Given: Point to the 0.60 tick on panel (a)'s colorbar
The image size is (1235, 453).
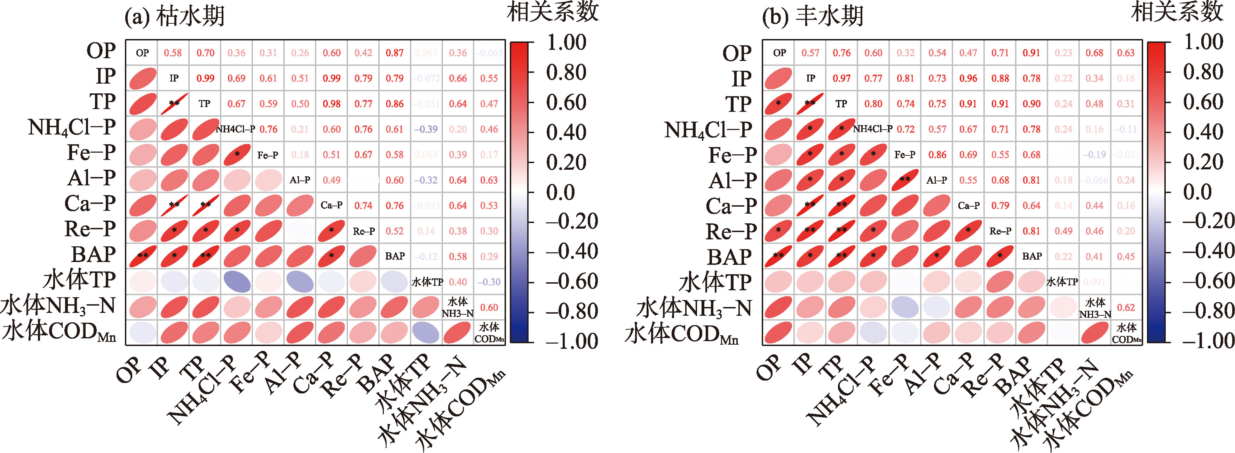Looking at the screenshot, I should [x=566, y=102].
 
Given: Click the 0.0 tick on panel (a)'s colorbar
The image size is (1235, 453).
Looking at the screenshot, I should [x=561, y=192].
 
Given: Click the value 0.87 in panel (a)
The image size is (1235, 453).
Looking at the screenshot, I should [x=395, y=53].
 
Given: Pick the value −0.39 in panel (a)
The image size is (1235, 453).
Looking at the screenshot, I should [x=426, y=129].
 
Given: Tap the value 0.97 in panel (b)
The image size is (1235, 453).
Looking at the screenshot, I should [x=842, y=78].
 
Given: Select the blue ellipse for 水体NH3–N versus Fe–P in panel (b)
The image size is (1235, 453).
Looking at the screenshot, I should [x=905, y=307].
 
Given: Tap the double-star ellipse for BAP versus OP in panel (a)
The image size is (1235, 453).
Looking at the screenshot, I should [x=142, y=256].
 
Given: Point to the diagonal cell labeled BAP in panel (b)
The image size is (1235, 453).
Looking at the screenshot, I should [x=1032, y=256].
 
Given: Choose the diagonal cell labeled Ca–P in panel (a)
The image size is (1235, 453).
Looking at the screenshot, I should [x=331, y=205].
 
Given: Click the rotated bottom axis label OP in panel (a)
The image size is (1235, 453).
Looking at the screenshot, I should [x=129, y=369].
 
